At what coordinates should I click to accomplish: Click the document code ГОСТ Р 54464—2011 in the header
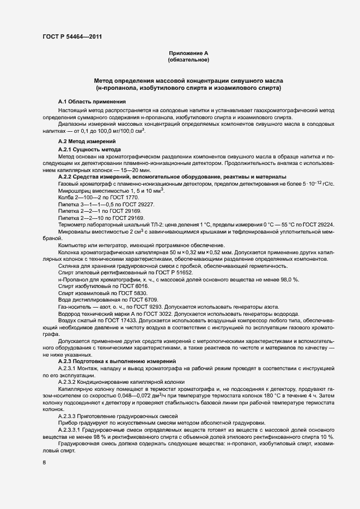coord(71,36)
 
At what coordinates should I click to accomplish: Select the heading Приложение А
coord(188,53)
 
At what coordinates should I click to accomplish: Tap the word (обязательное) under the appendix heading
coord(188,59)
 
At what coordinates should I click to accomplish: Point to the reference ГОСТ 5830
coord(129,293)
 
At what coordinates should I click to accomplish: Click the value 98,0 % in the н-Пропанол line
coord(285,279)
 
